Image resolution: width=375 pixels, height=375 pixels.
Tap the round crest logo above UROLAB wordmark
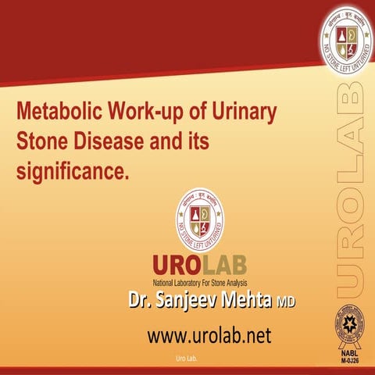pyautogui.click(x=200, y=216)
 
